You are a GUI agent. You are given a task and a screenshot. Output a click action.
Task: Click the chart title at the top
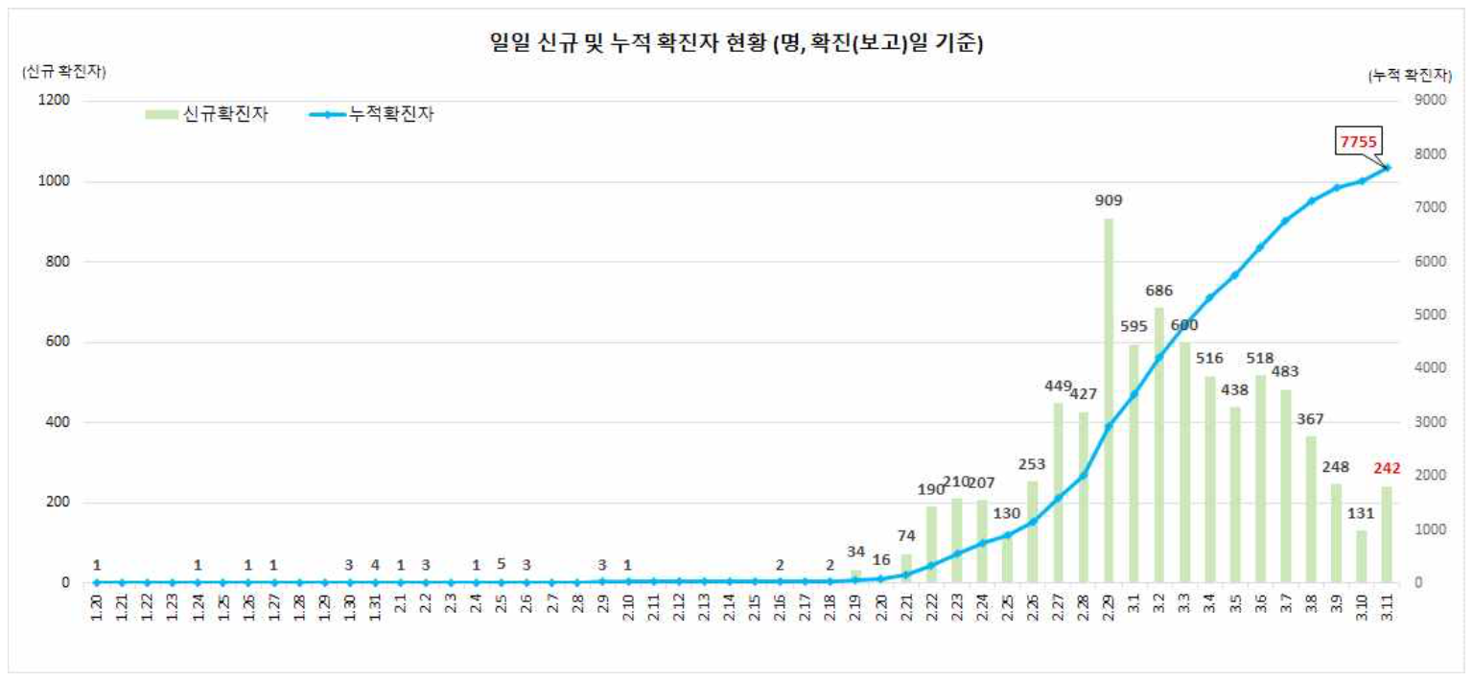(x=736, y=43)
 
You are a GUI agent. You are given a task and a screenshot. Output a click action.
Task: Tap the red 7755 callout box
(x=1359, y=142)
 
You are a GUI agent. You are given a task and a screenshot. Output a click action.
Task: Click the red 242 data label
(x=1387, y=469)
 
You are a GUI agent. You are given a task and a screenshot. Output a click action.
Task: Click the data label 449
(x=1059, y=387)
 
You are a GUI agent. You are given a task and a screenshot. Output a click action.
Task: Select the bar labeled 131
(x=1362, y=556)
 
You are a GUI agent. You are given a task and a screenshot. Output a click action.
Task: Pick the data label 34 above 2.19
(x=856, y=552)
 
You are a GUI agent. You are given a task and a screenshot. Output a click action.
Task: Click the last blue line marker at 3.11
(x=1387, y=168)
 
